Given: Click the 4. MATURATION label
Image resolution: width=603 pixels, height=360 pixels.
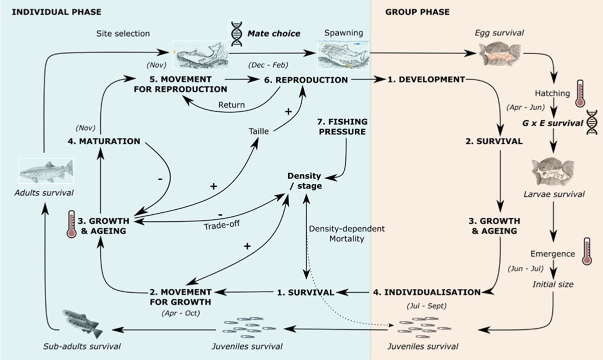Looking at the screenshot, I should pyautogui.click(x=104, y=141).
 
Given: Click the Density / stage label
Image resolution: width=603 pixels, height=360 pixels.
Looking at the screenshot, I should pyautogui.click(x=304, y=181).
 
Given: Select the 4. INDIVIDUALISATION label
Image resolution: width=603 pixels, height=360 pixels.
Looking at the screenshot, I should pyautogui.click(x=426, y=292).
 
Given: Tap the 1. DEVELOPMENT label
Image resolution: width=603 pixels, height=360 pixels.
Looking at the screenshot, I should pyautogui.click(x=426, y=79).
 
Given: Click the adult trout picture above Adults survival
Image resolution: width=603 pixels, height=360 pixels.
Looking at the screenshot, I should pyautogui.click(x=46, y=171).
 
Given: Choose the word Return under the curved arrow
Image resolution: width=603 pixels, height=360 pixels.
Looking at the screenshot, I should pyautogui.click(x=231, y=105).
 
